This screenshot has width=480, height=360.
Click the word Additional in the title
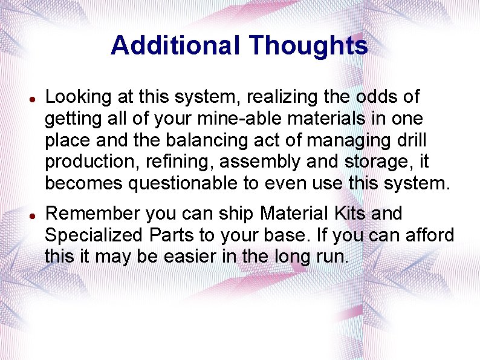pos(175,45)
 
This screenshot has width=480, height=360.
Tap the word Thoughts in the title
pos(308,45)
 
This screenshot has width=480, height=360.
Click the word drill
pos(410,140)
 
